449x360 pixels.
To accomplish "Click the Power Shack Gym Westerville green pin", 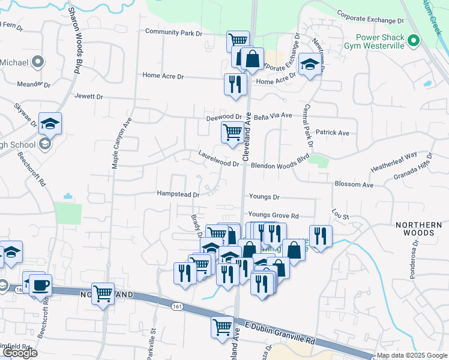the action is [413, 41].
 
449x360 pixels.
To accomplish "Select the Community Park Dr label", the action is [174, 32].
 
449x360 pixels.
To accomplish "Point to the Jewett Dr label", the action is [89, 96].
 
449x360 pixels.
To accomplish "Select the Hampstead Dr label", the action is [178, 194].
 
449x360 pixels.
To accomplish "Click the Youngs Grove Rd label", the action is [273, 215].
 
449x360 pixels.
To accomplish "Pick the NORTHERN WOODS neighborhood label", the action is [414, 229].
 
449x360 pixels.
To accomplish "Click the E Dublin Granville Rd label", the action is [280, 332].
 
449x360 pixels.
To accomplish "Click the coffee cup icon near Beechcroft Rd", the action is [40, 285].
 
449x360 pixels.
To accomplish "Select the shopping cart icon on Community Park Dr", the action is [238, 41].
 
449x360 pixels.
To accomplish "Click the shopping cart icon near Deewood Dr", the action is [232, 131].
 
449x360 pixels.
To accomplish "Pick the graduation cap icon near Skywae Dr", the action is [50, 123].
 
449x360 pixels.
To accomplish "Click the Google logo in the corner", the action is [20, 353].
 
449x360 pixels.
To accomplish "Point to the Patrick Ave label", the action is [333, 133].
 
